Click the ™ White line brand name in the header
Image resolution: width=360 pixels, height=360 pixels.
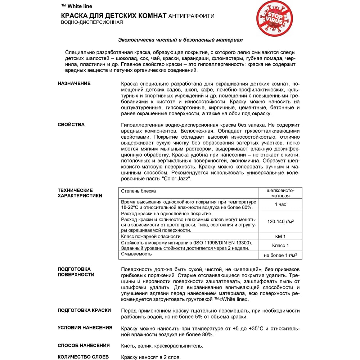pos(77,6)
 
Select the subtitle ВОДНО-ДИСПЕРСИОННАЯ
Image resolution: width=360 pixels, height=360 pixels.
pos(92,22)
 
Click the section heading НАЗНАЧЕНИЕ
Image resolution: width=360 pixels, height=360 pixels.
pos(74,84)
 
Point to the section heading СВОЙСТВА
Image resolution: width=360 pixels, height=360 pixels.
pos(71,125)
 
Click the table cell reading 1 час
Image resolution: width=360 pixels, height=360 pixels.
pos(280,204)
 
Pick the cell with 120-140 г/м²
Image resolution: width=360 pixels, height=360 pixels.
pos(280,222)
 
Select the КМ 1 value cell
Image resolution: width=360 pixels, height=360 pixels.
pos(280,237)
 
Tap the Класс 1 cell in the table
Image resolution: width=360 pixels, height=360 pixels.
pos(280,246)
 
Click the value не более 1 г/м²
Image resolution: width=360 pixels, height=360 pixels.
pos(280,255)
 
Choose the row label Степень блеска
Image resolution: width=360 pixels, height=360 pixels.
pos(139,191)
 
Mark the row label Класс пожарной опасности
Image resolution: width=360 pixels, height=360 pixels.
pos(151,237)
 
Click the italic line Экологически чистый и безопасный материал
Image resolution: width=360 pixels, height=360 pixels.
pos(183,40)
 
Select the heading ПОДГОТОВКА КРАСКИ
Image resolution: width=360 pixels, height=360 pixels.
pos(84,310)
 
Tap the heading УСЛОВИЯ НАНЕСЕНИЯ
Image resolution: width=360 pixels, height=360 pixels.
pos(85,328)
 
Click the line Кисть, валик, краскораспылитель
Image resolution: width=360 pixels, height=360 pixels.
pos(162,346)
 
